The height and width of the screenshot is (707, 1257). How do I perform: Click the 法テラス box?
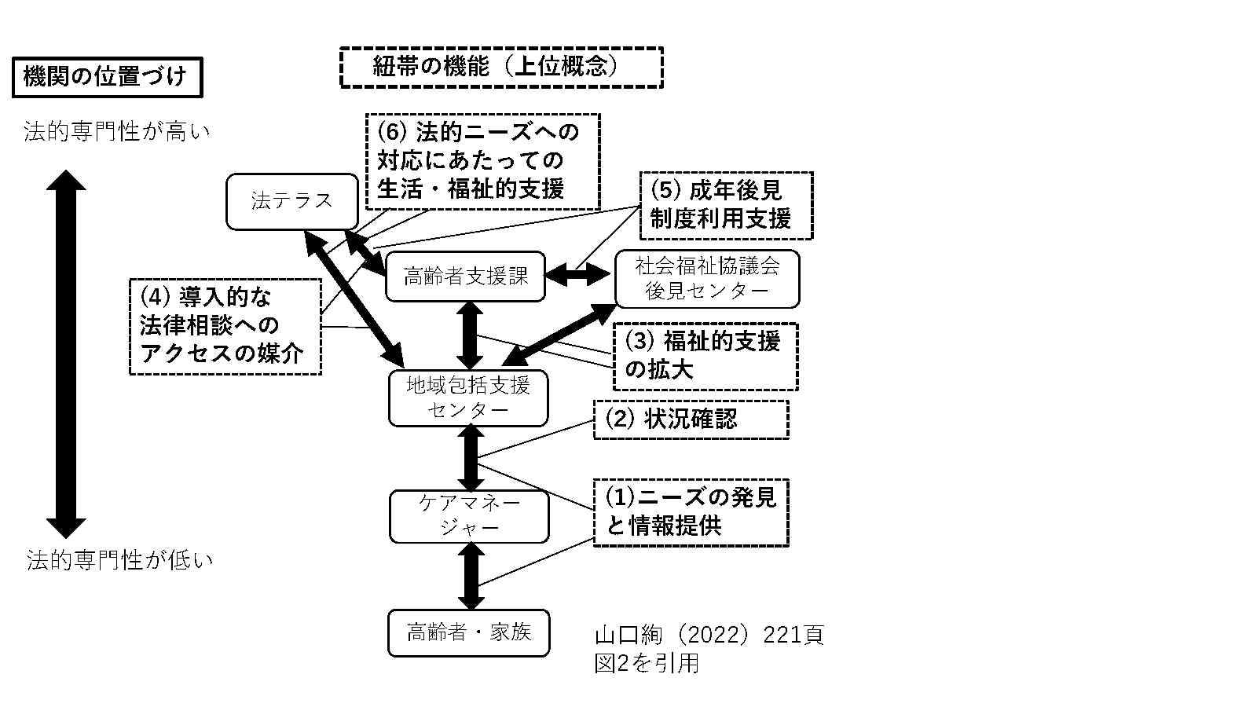click(x=291, y=201)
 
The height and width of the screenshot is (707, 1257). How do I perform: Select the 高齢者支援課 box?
click(x=465, y=277)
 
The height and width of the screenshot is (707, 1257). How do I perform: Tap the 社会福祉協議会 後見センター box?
click(x=706, y=279)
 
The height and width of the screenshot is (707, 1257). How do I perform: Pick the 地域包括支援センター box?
click(x=467, y=397)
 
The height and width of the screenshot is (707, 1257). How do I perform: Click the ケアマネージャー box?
click(x=469, y=515)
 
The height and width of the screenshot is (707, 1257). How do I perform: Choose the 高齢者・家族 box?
click(x=468, y=632)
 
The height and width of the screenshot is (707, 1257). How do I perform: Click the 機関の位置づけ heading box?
click(x=107, y=77)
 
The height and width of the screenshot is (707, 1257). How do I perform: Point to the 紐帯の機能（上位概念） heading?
click(x=501, y=68)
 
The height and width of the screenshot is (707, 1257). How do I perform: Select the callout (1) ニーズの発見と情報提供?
click(x=691, y=512)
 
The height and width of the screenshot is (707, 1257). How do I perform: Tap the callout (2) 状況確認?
click(x=691, y=419)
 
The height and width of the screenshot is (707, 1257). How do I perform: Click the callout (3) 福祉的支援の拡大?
click(x=705, y=356)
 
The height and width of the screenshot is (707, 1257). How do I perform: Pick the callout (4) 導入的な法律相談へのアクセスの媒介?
click(x=225, y=326)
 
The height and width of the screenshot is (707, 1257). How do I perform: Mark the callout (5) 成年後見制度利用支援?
click(x=726, y=205)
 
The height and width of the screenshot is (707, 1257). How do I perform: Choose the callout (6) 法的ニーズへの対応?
click(x=482, y=161)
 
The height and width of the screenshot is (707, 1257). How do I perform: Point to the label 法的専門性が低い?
click(x=119, y=560)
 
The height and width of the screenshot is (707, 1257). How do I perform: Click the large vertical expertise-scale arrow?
click(x=66, y=353)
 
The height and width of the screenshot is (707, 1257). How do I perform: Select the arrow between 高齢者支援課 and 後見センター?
click(x=579, y=275)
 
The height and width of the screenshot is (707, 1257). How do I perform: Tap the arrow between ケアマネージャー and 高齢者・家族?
click(x=471, y=576)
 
